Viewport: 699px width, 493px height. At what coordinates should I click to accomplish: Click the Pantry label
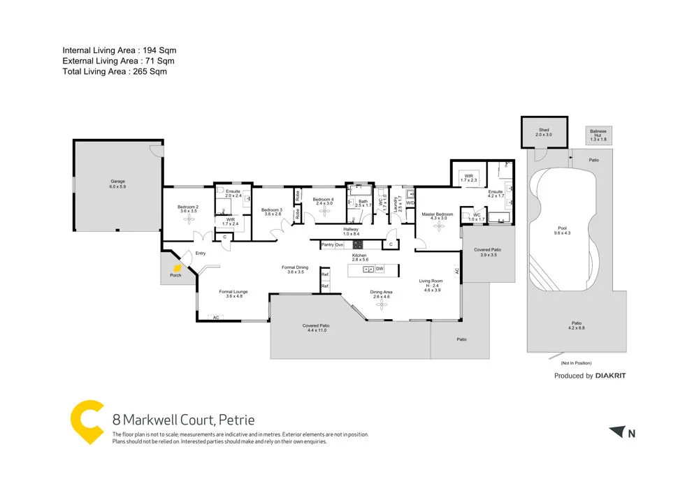(x=327, y=245)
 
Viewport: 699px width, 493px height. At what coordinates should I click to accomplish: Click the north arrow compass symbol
(x=616, y=432)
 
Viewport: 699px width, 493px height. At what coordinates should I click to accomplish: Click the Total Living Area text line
(x=115, y=71)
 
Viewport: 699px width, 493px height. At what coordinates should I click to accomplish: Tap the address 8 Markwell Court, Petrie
(x=183, y=420)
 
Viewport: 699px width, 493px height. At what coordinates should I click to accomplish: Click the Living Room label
(x=430, y=281)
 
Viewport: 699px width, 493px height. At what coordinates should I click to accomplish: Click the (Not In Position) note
(x=576, y=364)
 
